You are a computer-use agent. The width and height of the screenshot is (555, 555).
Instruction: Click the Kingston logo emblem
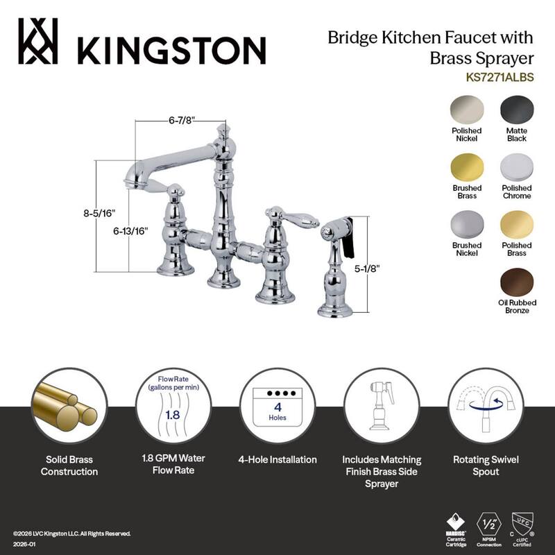[x=38, y=41]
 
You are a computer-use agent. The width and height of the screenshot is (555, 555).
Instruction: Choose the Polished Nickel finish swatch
[x=466, y=110]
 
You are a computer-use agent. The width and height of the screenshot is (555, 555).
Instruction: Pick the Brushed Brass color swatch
[x=466, y=167]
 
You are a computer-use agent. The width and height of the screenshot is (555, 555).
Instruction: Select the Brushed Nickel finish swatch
[x=466, y=225]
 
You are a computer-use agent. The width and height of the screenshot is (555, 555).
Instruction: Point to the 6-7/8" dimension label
[x=182, y=120]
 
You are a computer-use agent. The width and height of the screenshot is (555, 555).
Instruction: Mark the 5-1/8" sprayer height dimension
[x=387, y=266]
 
